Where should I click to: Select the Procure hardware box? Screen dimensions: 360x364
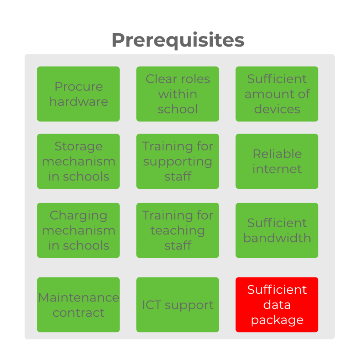(79, 94)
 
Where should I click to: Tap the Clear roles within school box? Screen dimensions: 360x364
(178, 94)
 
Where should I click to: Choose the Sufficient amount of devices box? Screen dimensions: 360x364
(277, 94)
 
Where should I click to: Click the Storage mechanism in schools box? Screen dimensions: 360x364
(79, 161)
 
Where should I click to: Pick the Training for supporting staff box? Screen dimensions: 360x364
(178, 161)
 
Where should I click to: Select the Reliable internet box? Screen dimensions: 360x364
(277, 161)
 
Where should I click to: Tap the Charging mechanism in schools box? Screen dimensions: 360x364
(79, 230)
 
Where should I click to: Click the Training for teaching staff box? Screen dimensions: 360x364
(178, 230)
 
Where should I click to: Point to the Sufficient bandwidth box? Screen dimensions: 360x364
(277, 230)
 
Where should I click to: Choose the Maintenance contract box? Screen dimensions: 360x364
(79, 305)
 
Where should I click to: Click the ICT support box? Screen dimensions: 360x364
(178, 305)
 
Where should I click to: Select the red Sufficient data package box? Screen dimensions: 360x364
(277, 305)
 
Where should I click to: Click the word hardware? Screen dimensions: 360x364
(79, 101)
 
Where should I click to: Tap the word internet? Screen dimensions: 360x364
(277, 169)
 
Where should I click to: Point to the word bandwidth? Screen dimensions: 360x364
(277, 238)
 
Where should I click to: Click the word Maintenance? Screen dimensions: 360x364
(79, 298)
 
